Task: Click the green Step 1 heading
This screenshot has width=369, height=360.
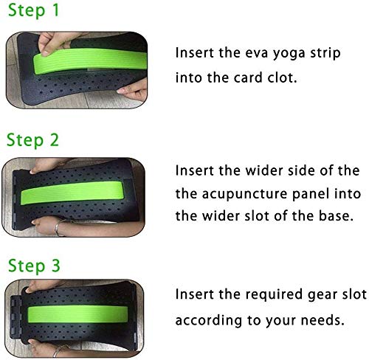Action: coord(34,11)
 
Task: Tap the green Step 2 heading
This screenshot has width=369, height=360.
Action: coord(32,140)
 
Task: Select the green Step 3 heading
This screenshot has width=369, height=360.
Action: coord(34,266)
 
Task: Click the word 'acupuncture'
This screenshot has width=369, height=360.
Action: coord(245,194)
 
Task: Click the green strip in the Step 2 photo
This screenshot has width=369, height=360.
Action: coord(72,193)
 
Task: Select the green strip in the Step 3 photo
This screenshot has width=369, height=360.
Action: coord(78,315)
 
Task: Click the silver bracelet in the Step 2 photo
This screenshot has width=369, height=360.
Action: coord(58,227)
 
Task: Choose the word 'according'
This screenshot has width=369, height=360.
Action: coord(209,321)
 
